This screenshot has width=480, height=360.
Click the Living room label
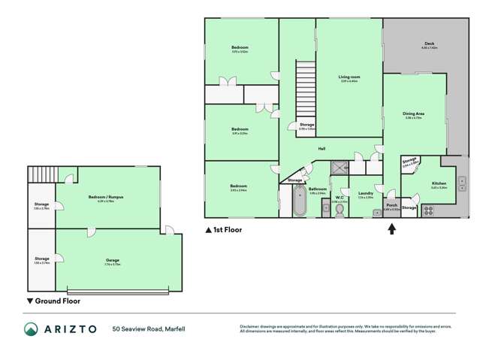pos(349,77)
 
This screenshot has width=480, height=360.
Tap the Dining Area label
pos(414,113)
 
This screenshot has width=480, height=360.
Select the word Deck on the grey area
pos(429,44)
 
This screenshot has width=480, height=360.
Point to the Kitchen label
pos(439,183)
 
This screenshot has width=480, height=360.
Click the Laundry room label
pos(366,193)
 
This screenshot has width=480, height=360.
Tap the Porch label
pos(391,204)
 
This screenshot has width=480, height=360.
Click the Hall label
pos(322,149)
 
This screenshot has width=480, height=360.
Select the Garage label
pos(113,260)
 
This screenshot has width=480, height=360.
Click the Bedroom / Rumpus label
pos(110,196)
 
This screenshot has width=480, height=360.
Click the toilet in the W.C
pos(340,212)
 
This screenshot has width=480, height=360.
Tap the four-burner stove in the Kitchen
pos(430,210)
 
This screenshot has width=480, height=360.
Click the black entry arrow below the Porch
pos(391,229)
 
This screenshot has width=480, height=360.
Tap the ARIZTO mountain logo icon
pos(31,329)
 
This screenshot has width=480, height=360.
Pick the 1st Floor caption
pos(223,229)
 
